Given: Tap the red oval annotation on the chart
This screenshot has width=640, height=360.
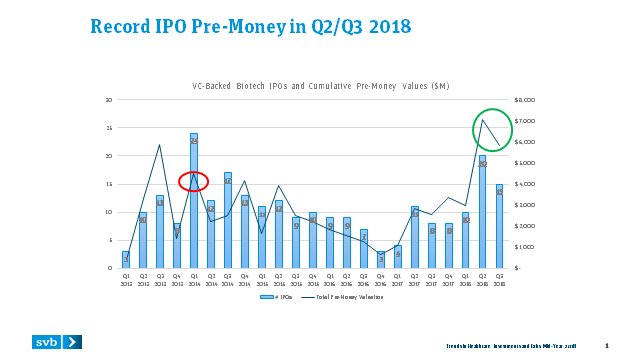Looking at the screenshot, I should [194, 181].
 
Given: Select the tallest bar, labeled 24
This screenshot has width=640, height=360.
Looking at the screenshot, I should [194, 200].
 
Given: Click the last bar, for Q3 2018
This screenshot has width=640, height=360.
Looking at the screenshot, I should [499, 226].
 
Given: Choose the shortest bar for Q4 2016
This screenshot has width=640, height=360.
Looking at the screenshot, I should [380, 260].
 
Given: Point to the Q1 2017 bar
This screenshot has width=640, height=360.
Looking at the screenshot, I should [397, 257].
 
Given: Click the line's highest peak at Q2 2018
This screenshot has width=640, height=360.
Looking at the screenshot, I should [482, 120].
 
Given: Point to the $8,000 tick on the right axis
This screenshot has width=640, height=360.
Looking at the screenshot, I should [525, 100].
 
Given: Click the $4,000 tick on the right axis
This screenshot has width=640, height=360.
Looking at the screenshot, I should [525, 184].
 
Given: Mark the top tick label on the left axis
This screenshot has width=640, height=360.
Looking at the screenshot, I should [109, 100].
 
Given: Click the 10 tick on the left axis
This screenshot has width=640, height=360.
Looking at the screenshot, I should [109, 212].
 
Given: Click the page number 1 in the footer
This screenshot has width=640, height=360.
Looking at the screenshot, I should [620, 346].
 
